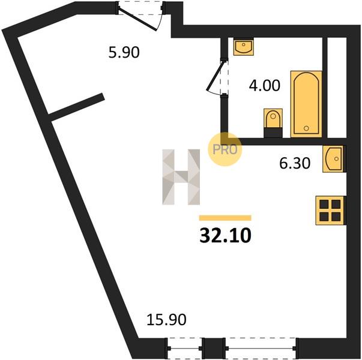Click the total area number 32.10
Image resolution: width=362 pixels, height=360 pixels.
point(225,236)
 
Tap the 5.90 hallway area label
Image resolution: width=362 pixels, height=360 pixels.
point(124,52)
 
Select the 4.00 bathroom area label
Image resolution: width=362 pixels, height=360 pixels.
point(265,85)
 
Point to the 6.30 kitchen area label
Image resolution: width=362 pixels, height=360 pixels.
point(295,163)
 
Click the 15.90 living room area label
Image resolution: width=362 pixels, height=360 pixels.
point(166,320)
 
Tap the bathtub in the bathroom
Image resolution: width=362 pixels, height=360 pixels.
point(306,104)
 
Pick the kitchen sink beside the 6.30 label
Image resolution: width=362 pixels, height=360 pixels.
point(334,159)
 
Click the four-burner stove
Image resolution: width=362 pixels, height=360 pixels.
point(330,210)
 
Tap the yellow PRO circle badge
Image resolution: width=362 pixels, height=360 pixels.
point(225,149)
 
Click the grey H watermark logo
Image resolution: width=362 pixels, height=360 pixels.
point(181,177)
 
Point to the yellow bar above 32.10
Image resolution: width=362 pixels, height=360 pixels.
point(225,218)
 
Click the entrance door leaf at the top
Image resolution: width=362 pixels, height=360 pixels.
point(138,19)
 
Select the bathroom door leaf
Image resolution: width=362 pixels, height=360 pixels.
point(215,76)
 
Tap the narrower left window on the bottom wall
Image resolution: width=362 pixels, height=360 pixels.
point(185,348)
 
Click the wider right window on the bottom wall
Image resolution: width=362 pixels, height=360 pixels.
point(261,348)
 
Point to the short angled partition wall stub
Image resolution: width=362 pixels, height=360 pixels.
point(76,107)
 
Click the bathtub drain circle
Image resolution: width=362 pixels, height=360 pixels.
point(306,128)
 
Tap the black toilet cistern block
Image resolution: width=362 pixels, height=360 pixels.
point(273,133)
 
